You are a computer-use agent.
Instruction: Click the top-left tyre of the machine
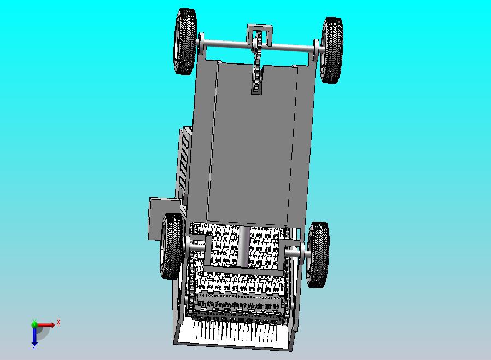coord(185,42)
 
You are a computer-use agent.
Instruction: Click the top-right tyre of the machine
coord(332,50)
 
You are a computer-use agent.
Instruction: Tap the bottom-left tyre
coord(172,246)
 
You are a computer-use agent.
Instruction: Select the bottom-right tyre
coord(318,255)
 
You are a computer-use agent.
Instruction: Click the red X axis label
coord(59,322)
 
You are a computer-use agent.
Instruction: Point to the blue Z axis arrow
coord(34,336)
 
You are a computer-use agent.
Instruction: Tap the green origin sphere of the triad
coord(34,324)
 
